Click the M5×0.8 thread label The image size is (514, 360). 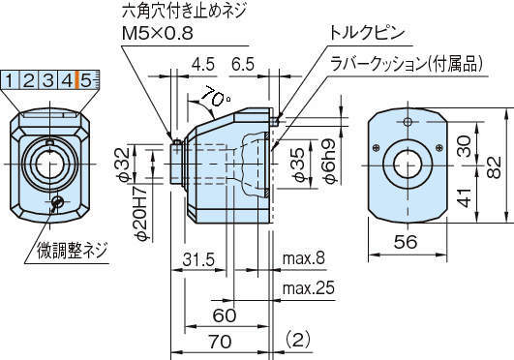click(x=158, y=33)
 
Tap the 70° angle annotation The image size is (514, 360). click(x=215, y=97)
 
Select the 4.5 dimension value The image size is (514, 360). click(x=203, y=64)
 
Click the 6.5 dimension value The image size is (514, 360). click(x=243, y=64)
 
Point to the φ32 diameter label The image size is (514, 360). click(x=125, y=165)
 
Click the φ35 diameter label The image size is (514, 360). click(x=298, y=165)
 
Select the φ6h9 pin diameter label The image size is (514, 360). click(x=329, y=161)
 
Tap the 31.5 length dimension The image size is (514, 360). click(x=198, y=259)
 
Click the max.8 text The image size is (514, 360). click(x=304, y=258)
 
